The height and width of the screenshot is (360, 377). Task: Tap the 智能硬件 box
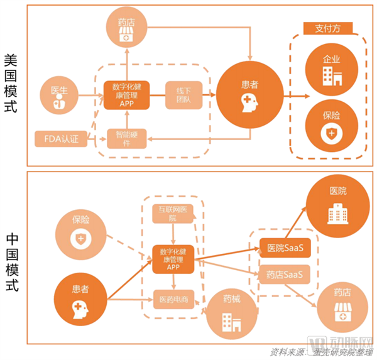126,138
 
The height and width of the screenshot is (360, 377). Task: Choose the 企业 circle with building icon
331,68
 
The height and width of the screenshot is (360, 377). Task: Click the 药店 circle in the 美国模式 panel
126,29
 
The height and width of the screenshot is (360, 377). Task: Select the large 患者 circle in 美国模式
249,92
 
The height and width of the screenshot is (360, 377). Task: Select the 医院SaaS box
285,248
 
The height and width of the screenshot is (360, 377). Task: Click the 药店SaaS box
285,275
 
